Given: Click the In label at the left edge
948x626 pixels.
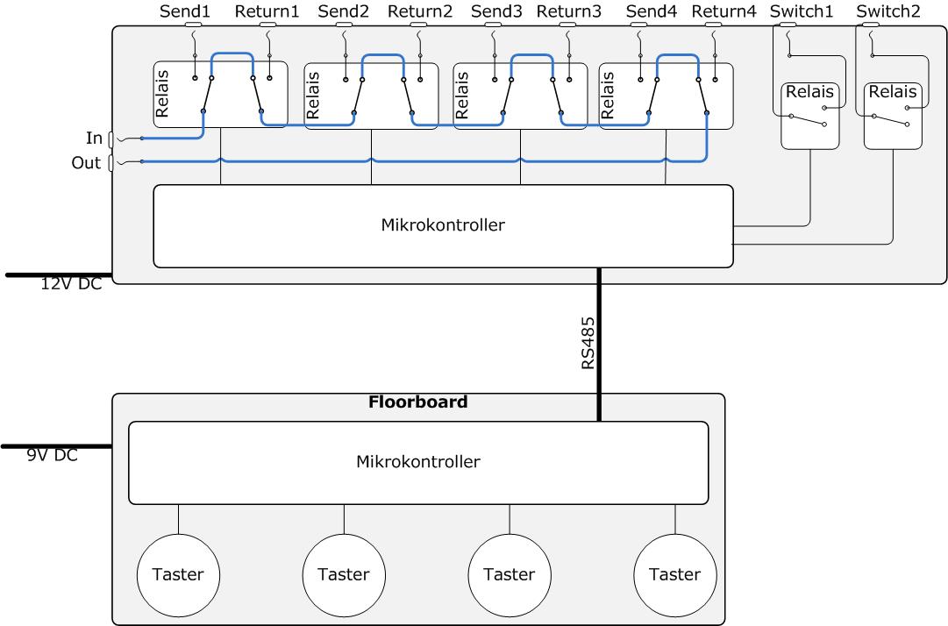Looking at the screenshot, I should coord(94,138).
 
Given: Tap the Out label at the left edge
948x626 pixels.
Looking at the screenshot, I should coord(86,163).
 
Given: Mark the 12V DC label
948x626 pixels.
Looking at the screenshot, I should coord(71,284).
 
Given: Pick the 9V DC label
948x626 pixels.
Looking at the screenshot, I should coord(52,455).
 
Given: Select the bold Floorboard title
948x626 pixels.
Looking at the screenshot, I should coord(418,402).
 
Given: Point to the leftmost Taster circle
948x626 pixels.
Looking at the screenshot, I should coord(178,575).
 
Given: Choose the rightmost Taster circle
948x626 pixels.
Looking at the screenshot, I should coord(674,575).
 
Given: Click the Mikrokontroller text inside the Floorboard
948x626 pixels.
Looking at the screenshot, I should coord(418,460).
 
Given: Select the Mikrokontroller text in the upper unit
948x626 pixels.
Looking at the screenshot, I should coord(442,224).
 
